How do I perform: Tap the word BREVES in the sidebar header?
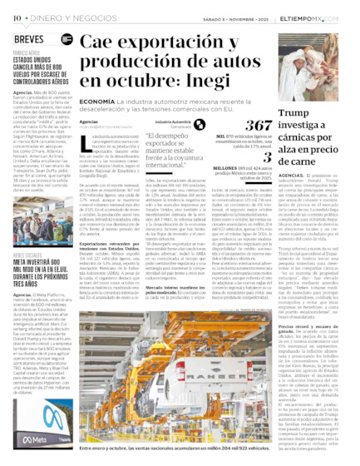click(x=29, y=39)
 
